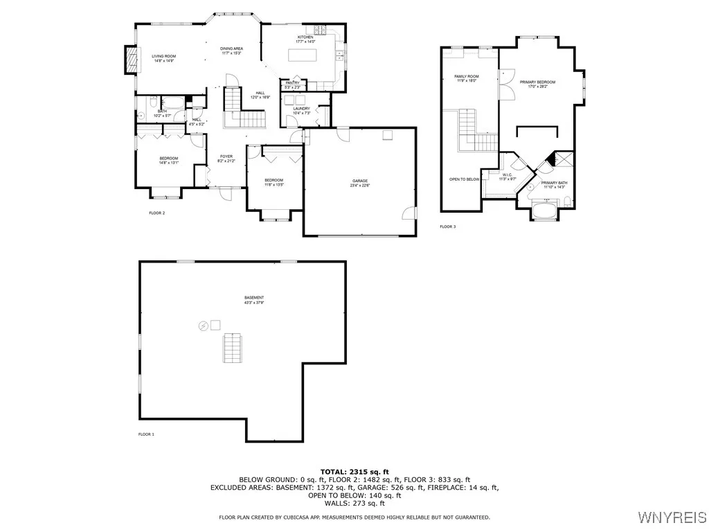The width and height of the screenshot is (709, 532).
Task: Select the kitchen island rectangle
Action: tap(303, 56)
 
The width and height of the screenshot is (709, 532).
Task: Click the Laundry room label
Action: tap(301, 110)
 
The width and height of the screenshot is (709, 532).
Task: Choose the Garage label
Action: tap(359, 182)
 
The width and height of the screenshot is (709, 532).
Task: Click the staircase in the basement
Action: tap(233, 348)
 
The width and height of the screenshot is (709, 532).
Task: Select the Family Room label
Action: tap(466, 78)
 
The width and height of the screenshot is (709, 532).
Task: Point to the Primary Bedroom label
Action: tap(542, 84)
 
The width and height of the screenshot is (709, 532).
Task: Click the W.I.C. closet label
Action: tap(508, 177)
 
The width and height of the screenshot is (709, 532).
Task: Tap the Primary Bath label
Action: tap(555, 185)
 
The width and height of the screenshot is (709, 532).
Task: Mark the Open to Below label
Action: tap(463, 179)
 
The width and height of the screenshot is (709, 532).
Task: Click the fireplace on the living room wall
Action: tap(128, 60)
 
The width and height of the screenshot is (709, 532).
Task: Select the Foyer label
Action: tap(226, 159)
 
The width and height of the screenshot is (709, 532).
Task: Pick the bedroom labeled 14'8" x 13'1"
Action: tap(169, 161)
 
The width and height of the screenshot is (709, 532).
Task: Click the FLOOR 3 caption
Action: tap(448, 227)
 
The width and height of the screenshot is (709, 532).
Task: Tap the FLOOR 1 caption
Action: tap(147, 434)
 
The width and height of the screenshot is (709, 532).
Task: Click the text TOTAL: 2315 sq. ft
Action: tap(354, 472)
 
